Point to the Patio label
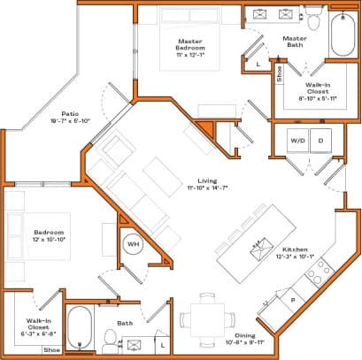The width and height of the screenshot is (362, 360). point(71,114)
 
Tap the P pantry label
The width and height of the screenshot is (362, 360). point(293,302)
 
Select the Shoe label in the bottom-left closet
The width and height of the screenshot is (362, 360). point(51,350)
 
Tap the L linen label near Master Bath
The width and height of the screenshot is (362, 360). point(258,65)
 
